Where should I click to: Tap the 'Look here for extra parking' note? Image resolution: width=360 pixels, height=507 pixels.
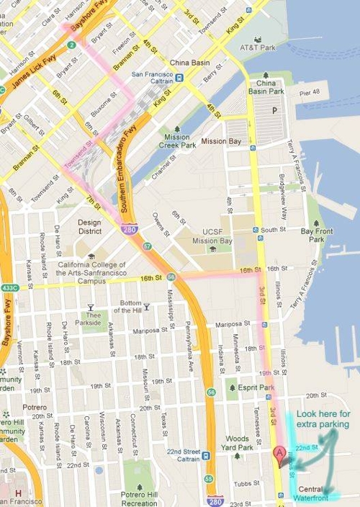coord(323,419)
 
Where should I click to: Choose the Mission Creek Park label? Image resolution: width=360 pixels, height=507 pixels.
coord(176,140)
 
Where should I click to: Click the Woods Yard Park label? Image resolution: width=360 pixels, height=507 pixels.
coord(237,443)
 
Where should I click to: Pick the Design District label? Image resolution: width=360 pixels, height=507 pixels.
coord(90,227)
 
